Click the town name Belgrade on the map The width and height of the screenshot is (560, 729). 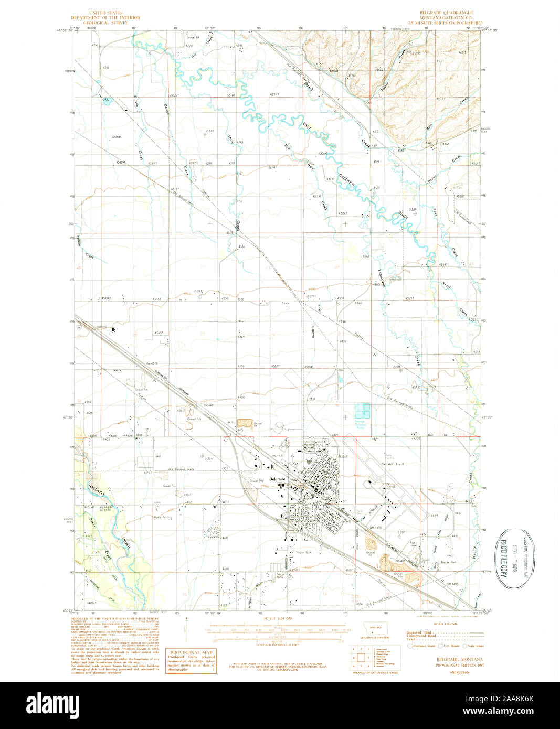[277, 479]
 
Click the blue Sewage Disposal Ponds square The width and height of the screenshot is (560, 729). [362, 410]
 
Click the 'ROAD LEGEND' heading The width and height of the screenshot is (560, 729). [445, 624]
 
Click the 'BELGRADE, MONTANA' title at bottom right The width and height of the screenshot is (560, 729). [460, 659]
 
